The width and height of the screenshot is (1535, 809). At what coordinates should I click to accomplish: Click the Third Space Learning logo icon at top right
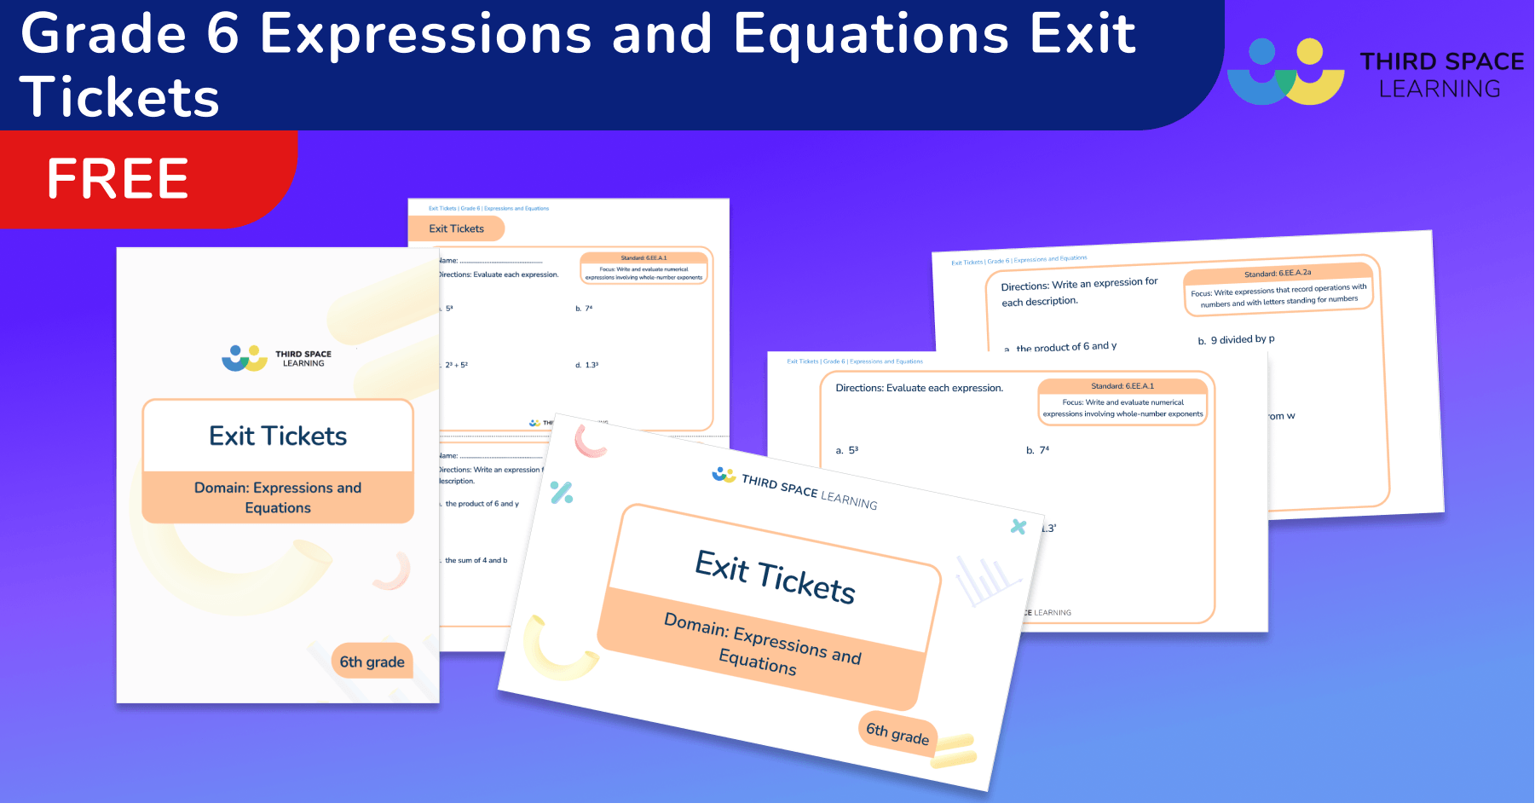[x=1285, y=72]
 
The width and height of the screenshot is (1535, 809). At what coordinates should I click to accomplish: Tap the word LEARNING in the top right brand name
[x=1440, y=89]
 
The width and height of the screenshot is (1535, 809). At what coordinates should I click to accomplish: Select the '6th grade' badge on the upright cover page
[x=372, y=662]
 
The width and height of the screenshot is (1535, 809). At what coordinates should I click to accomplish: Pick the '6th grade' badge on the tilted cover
[x=897, y=733]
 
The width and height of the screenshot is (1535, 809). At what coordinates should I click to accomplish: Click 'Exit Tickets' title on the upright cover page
[x=278, y=436]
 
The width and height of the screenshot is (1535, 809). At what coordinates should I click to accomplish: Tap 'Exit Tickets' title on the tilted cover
[x=775, y=577]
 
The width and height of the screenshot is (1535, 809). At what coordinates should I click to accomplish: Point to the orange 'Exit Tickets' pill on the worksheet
[x=456, y=228]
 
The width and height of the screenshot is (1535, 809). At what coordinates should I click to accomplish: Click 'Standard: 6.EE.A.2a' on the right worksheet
[x=1277, y=274]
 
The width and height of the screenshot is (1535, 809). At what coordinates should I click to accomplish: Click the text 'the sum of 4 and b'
[x=476, y=560]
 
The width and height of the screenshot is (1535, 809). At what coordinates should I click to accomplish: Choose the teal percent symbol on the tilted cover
[x=562, y=492]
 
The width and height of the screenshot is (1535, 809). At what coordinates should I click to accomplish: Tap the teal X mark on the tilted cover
[x=1018, y=527]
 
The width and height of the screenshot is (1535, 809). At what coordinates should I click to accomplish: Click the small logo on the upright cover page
[x=245, y=358]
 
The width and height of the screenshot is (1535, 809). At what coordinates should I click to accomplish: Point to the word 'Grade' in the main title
[x=103, y=34]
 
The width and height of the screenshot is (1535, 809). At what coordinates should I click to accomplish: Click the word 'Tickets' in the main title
[x=120, y=96]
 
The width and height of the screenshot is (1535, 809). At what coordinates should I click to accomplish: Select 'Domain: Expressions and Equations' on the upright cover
[x=278, y=497]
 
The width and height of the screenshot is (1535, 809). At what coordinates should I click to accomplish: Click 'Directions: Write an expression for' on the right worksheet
[x=1079, y=284]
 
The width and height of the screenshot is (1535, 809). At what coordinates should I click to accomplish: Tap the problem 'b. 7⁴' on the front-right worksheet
[x=1037, y=450]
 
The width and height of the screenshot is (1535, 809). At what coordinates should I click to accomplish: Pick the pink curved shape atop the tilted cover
[x=589, y=442]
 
